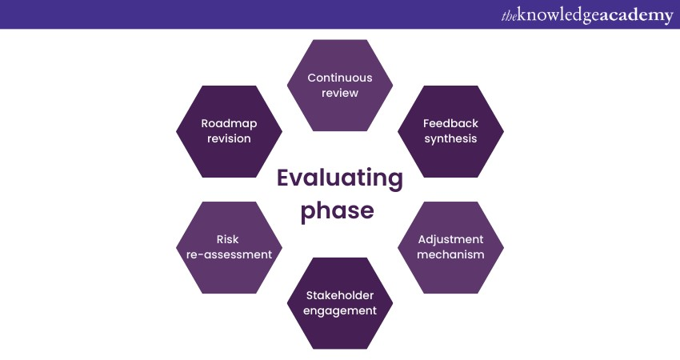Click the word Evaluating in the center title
coord(339,178)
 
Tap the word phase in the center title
coord(339,210)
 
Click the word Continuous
coord(340,78)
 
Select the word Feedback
coord(450,123)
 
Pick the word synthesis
coord(450,138)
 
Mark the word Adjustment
coord(450,239)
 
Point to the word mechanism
coord(450,254)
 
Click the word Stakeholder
coord(340,295)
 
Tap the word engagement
coord(340,310)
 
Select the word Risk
coord(228,239)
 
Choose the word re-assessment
coord(229,254)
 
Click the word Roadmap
coord(229,123)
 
